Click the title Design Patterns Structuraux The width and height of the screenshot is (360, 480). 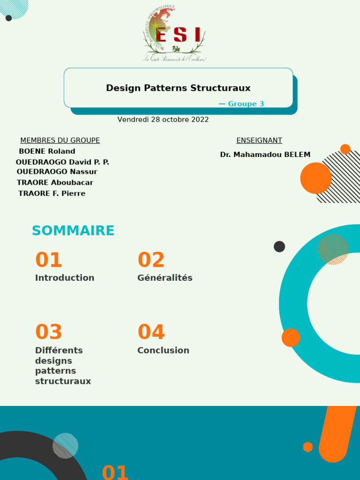point(178,88)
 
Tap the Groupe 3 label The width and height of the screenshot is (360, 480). point(241,104)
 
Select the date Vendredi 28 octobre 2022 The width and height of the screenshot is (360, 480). point(163,120)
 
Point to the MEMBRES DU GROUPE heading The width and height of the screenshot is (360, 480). point(60,141)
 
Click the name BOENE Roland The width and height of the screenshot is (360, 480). point(47,151)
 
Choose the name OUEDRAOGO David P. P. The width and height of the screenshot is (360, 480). point(62,162)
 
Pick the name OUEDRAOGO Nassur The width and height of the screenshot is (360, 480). point(57,172)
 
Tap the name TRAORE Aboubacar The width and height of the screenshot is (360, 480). point(55,183)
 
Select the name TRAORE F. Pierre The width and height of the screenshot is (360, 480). point(52,194)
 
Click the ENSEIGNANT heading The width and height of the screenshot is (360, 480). point(259,141)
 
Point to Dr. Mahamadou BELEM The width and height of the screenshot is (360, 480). point(265,155)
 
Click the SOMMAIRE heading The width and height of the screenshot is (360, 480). point(73,231)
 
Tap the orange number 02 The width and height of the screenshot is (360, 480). point(151,260)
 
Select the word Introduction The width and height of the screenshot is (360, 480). point(65,278)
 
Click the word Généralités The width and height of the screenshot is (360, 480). point(165,278)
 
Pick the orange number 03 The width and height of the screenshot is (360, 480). point(49,332)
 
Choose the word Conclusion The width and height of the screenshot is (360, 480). point(163,351)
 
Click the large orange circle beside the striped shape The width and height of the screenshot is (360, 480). point(315,178)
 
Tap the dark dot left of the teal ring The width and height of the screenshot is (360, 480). point(279,247)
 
